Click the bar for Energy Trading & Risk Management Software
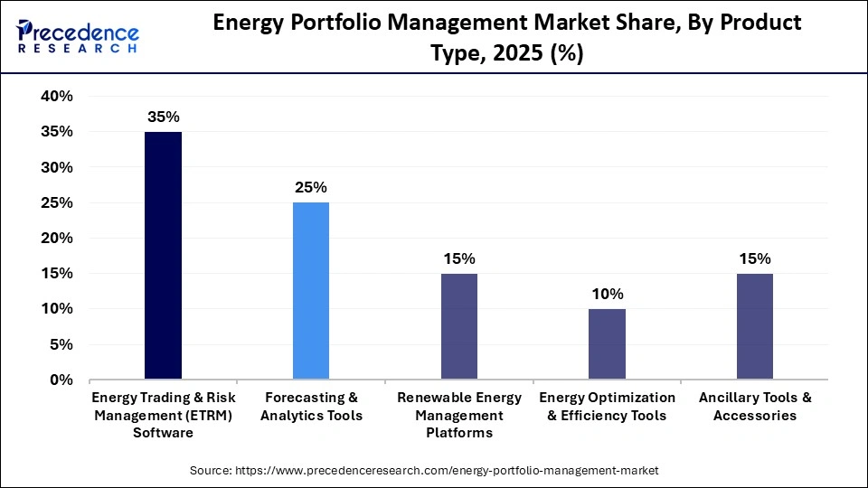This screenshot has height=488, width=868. click(x=163, y=256)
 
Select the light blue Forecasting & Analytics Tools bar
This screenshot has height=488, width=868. click(x=311, y=291)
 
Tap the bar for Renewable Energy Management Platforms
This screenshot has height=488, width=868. click(x=459, y=326)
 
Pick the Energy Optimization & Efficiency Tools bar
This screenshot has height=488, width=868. click(x=607, y=344)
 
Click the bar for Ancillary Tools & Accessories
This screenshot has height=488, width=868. click(x=755, y=326)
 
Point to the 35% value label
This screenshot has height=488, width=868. click(x=163, y=117)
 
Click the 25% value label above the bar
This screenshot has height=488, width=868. click(x=311, y=188)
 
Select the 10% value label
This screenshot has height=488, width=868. click(x=607, y=295)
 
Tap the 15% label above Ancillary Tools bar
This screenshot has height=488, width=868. click(x=755, y=259)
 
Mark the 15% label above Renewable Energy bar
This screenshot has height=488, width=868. click(x=459, y=259)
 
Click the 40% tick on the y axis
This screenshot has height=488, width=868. click(x=57, y=97)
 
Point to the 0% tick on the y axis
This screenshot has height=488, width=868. click(x=61, y=380)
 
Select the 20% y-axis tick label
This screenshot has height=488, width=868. click(x=57, y=239)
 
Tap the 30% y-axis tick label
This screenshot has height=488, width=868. click(x=57, y=167)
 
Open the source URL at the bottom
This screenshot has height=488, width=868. click(x=424, y=471)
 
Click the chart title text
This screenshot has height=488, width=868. click(x=506, y=38)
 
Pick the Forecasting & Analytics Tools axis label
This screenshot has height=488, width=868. click(x=311, y=407)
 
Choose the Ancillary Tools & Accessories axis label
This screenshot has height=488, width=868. click(x=755, y=407)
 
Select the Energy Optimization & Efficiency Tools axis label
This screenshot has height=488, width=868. click(x=607, y=407)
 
